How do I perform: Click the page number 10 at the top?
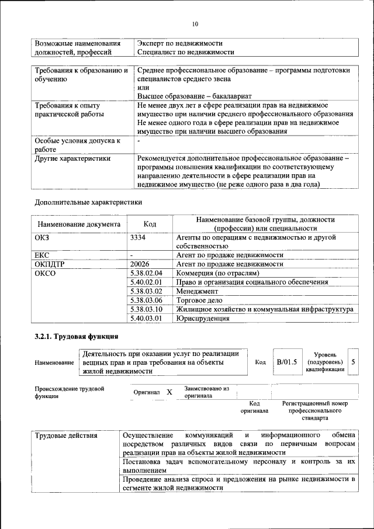coord(195,24)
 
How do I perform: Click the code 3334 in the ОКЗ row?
coord(138,238)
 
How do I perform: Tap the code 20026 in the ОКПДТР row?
coord(140,264)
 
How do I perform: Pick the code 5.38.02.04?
coord(146,273)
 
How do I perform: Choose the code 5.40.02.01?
coord(146,282)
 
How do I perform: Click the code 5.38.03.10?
coord(146,309)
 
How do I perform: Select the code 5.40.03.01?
coord(146,319)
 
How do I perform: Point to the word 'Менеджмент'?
coord(197,291)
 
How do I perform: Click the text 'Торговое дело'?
coord(199,300)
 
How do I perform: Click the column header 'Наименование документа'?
coord(79,224)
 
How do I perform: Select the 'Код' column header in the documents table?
coord(150,224)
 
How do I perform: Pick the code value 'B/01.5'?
coord(287,362)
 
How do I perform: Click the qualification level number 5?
coord(353,362)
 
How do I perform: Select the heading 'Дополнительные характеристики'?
coord(88,202)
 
